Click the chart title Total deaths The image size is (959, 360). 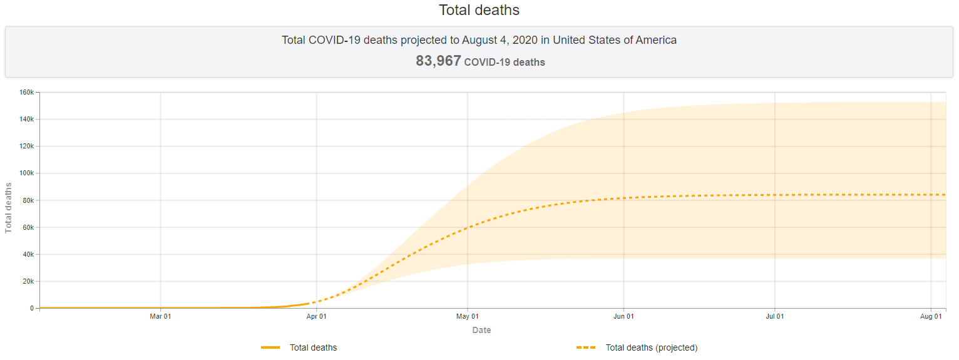point(479,10)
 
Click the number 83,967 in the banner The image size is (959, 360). point(438,61)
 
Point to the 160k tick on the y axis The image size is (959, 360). point(26,93)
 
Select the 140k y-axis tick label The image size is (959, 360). point(26,120)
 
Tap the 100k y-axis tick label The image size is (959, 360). point(26,173)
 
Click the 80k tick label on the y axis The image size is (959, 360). point(28,200)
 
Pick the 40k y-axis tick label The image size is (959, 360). point(28,254)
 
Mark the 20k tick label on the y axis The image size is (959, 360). point(28,281)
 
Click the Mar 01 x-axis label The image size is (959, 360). point(161,317)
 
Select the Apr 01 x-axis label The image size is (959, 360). point(316,317)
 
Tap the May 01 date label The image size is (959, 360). point(468,317)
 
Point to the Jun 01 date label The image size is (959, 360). point(623,317)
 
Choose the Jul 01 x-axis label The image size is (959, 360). point(775,317)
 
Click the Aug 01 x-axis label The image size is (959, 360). point(931,317)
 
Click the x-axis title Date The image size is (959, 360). point(481,330)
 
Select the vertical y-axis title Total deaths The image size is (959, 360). point(9,208)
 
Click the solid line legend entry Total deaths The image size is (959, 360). point(313,347)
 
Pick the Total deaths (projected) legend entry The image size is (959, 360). point(651,347)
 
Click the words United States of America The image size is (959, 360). point(615,40)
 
